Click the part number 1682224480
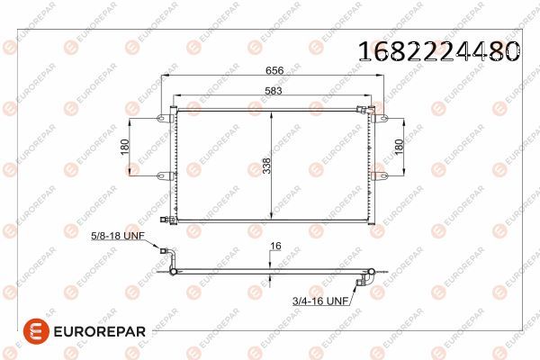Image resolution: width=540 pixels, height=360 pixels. [437, 50]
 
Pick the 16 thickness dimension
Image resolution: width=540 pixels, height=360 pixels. [275, 245]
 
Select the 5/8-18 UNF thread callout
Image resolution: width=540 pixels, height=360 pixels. [118, 237]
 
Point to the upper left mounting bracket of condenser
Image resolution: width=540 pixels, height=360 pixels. [164, 118]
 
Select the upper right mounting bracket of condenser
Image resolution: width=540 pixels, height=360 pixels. [376, 118]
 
